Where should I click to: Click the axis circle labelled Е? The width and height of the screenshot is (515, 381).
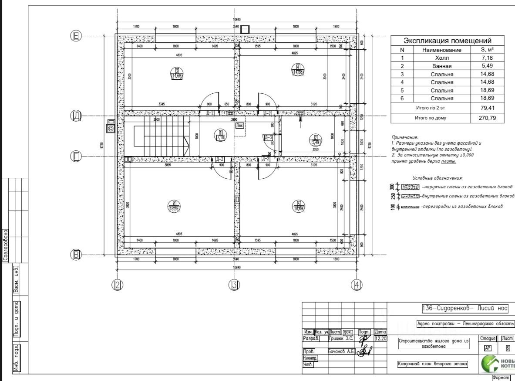click(x=77, y=36)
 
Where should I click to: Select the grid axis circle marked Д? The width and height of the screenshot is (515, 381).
click(x=77, y=116)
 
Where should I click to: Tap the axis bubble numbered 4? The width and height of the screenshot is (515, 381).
click(x=357, y=285)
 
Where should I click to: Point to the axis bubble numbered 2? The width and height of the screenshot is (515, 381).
click(x=117, y=285)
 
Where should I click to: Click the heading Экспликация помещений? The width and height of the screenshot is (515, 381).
click(x=448, y=41)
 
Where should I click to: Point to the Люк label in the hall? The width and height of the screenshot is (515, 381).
click(x=239, y=125)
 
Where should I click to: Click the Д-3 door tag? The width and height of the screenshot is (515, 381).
click(x=268, y=137)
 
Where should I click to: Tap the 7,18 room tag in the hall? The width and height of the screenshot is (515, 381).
click(x=221, y=135)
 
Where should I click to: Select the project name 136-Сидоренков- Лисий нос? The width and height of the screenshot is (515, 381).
click(x=465, y=308)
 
